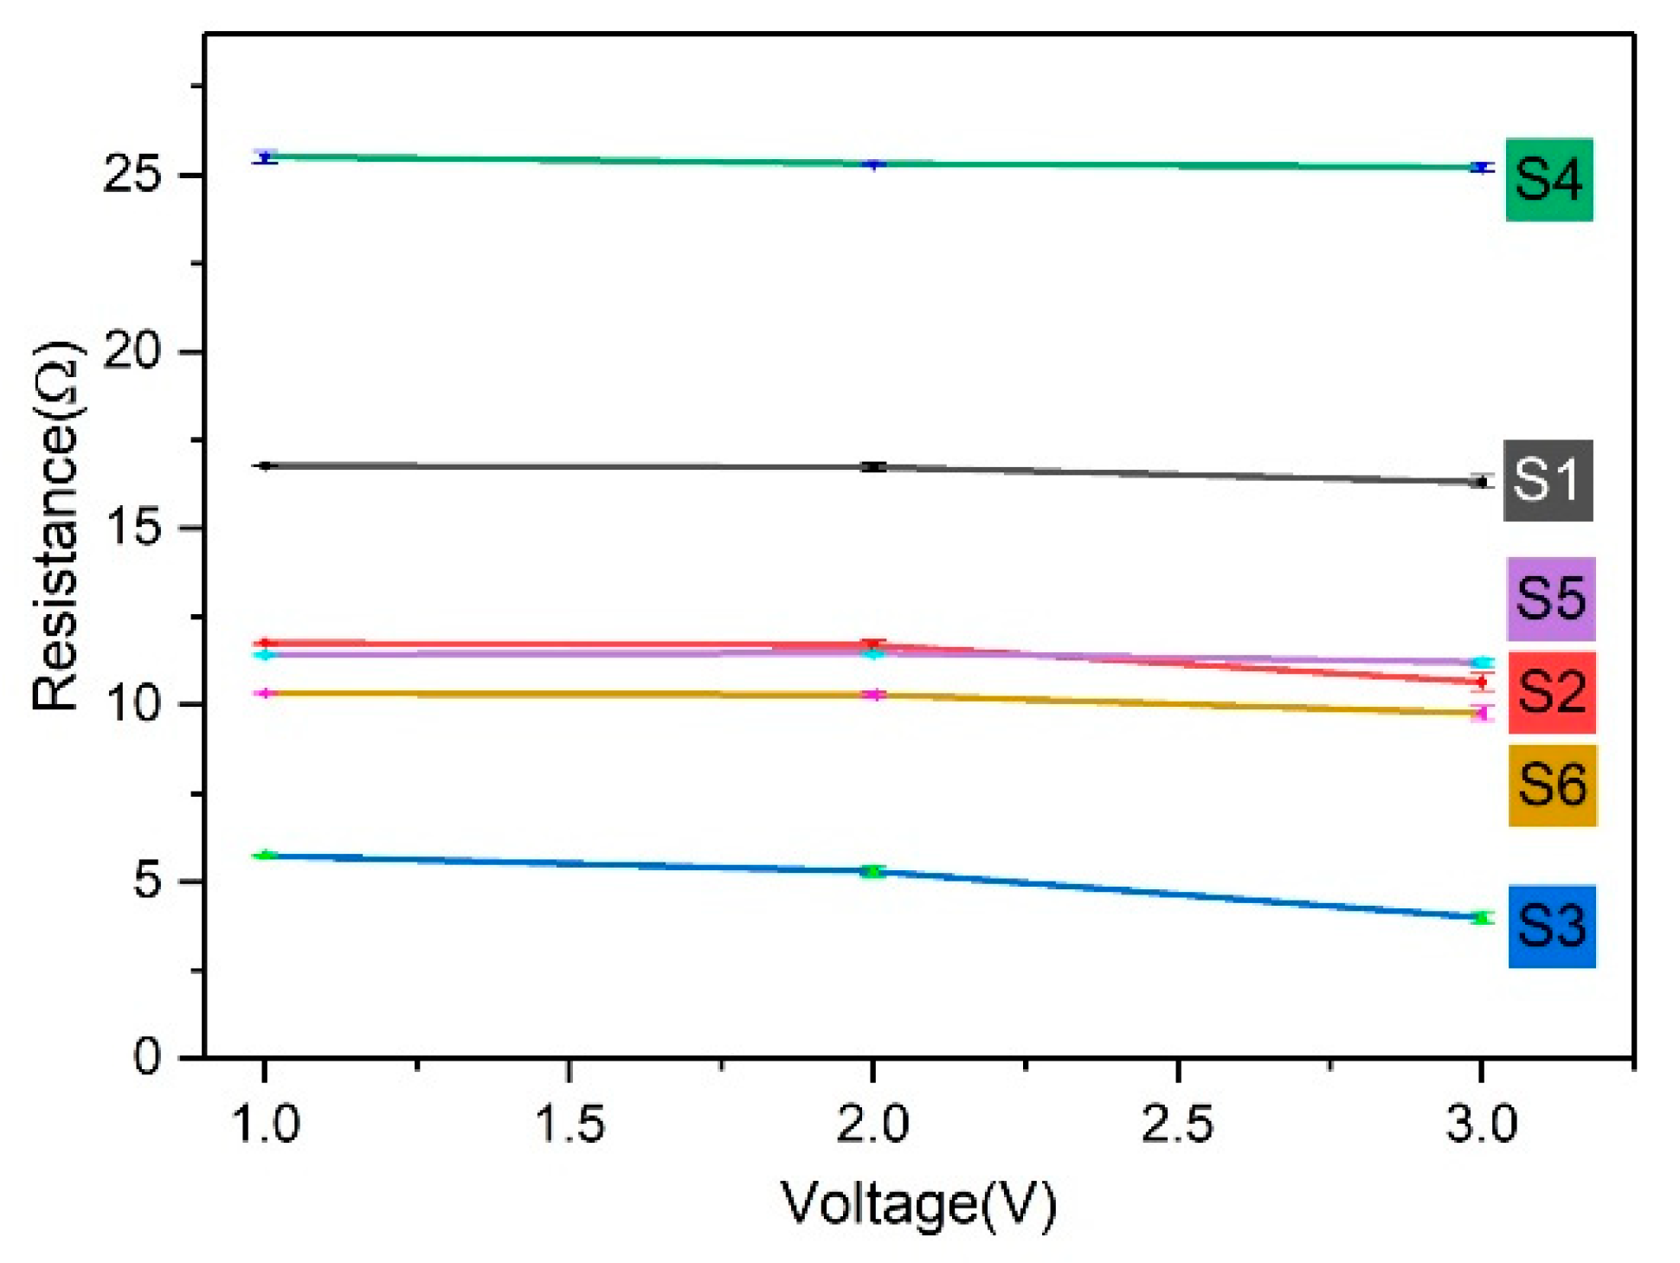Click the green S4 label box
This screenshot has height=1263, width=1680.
click(x=1548, y=180)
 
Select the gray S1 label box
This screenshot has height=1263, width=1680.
click(x=1548, y=481)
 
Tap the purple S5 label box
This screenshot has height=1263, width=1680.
click(x=1550, y=599)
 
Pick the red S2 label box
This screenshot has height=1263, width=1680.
click(x=1551, y=693)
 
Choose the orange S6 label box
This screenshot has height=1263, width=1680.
click(x=1552, y=785)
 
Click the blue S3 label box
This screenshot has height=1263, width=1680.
click(x=1551, y=926)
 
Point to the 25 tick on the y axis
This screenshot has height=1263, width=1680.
click(x=132, y=176)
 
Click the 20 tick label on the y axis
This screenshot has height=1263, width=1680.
click(x=132, y=352)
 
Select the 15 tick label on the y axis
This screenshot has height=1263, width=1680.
click(x=132, y=529)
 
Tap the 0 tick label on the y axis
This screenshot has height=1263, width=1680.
click(x=147, y=1057)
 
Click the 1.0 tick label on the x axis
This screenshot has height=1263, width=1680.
click(x=265, y=1125)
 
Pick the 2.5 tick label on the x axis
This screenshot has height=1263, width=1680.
click(x=1177, y=1125)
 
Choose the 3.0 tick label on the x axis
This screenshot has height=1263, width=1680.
click(x=1481, y=1125)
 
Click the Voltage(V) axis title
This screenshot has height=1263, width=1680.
click(x=918, y=1204)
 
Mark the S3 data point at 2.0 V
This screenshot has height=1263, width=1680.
click(x=873, y=871)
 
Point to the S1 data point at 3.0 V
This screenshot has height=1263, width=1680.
click(x=1482, y=482)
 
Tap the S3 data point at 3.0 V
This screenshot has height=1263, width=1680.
click(x=1482, y=918)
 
